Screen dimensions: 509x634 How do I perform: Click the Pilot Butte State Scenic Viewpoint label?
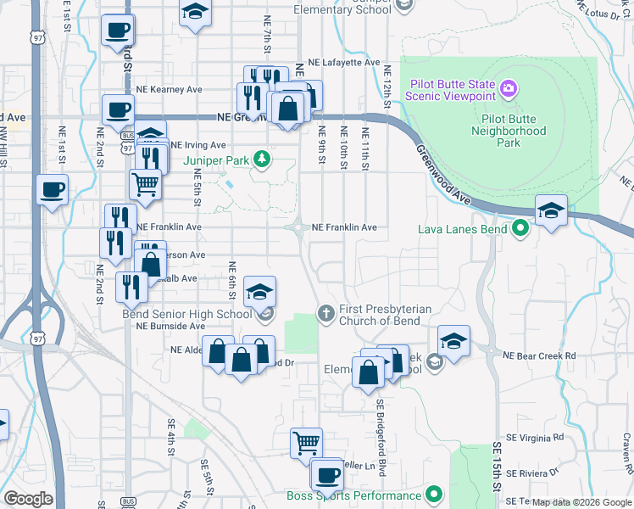pyautogui.click(x=451, y=90)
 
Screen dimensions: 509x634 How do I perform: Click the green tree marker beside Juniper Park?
pyautogui.click(x=263, y=158)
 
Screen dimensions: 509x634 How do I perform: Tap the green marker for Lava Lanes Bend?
pyautogui.click(x=520, y=227)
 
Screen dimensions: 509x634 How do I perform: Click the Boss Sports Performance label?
pyautogui.click(x=354, y=495)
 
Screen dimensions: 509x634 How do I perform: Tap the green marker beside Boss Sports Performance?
pyautogui.click(x=434, y=494)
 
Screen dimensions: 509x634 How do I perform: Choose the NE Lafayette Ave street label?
pyautogui.click(x=344, y=63)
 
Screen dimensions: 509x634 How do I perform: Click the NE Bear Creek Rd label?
pyautogui.click(x=540, y=356)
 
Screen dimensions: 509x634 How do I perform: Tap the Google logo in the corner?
pyautogui.click(x=29, y=499)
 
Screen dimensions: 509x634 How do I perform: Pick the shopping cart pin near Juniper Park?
pyautogui.click(x=146, y=182)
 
